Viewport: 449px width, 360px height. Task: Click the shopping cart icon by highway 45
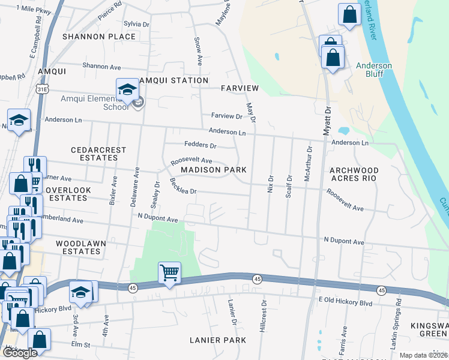[x=170, y=273]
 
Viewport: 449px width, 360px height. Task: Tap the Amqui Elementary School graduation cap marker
[x=127, y=90]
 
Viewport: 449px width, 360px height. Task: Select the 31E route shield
[x=41, y=89]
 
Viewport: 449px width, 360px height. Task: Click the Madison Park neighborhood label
[x=214, y=170]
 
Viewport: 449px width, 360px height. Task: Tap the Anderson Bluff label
[x=373, y=70]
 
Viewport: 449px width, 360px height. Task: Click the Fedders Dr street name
[x=200, y=145]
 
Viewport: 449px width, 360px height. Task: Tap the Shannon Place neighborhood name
[x=99, y=37]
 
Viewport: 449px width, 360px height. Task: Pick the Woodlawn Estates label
[x=78, y=247]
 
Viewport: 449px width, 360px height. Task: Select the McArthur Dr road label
[x=308, y=164]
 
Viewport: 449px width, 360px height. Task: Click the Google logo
[x=20, y=353]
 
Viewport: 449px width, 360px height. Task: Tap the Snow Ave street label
[x=197, y=52]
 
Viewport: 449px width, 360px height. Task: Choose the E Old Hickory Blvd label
[x=345, y=304]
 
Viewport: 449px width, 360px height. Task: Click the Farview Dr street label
[x=226, y=116]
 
